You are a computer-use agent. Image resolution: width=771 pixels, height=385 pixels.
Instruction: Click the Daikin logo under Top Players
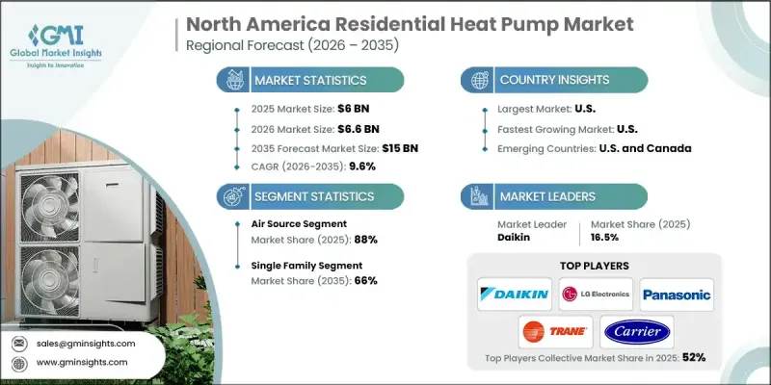[x=516, y=293]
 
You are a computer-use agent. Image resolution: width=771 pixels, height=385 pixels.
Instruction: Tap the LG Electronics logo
[x=596, y=293]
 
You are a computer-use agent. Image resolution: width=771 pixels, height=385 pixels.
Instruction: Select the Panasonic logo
[x=677, y=293]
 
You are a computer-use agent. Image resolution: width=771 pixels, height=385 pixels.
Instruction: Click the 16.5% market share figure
[x=604, y=239]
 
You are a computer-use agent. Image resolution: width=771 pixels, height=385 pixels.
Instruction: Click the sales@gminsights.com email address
[x=86, y=343]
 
